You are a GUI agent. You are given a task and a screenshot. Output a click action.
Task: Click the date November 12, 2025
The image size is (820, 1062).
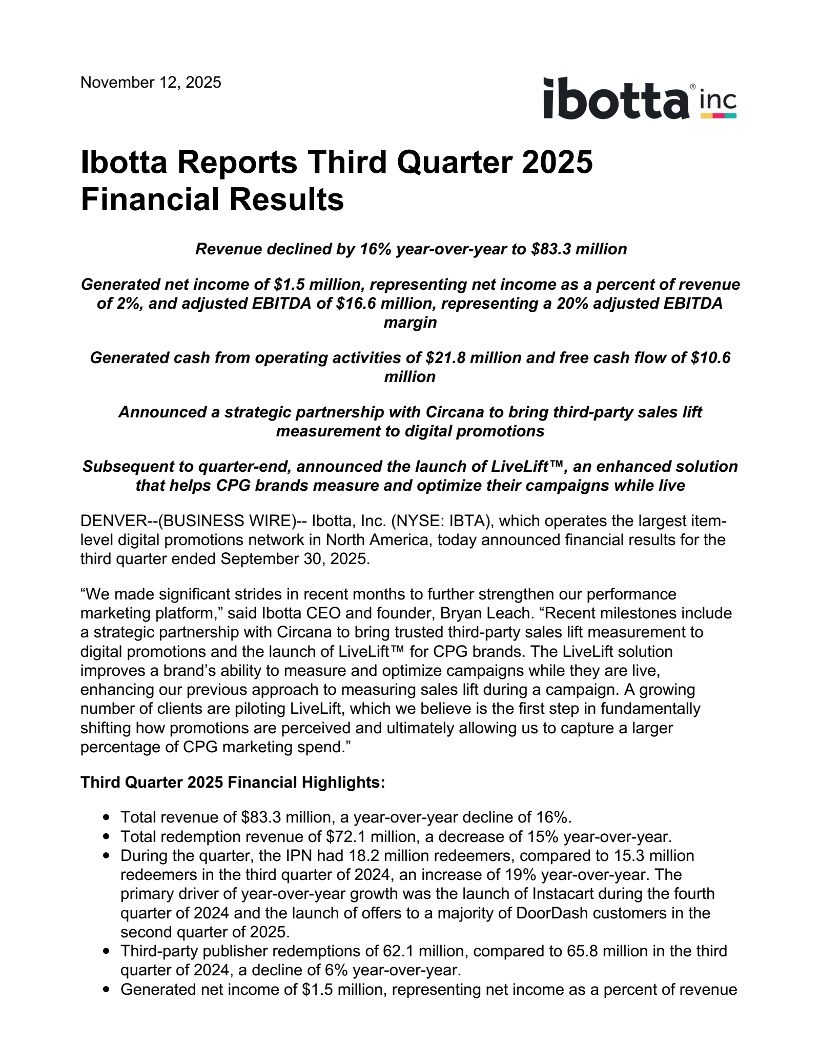pyautogui.click(x=151, y=83)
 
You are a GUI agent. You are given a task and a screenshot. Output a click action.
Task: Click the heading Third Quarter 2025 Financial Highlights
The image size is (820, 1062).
pyautogui.click(x=233, y=782)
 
